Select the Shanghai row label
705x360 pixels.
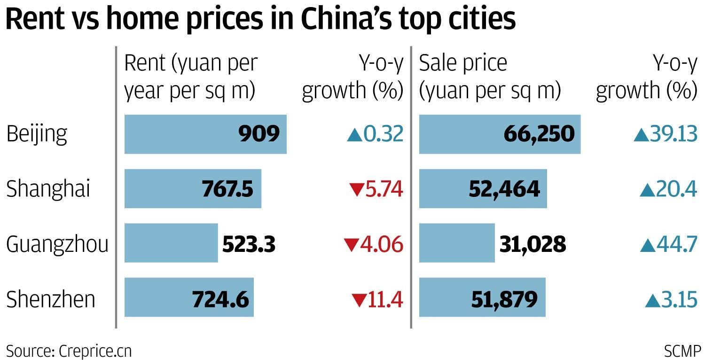pyautogui.click(x=48, y=189)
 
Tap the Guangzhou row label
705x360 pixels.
pyautogui.click(x=57, y=244)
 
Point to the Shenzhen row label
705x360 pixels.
pyautogui.click(x=51, y=299)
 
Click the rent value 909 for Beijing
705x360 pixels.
pyautogui.click(x=259, y=134)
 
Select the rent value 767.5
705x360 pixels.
pyautogui.click(x=227, y=189)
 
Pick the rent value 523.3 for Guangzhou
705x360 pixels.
pyautogui.click(x=249, y=244)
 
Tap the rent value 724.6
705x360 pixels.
pyautogui.click(x=220, y=299)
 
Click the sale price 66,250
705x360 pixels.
pyautogui.click(x=539, y=134)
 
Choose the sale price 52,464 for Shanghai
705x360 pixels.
pyautogui.click(x=504, y=189)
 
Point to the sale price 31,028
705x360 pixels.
pyautogui.click(x=533, y=244)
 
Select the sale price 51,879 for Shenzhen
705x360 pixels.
pyautogui.click(x=503, y=299)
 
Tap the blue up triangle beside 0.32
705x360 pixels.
pyautogui.click(x=354, y=135)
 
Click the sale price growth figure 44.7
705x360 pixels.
pyautogui.click(x=677, y=244)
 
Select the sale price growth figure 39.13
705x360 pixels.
pyautogui.click(x=674, y=134)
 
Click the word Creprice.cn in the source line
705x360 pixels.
pyautogui.click(x=95, y=351)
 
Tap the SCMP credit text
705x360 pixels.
pyautogui.click(x=682, y=351)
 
